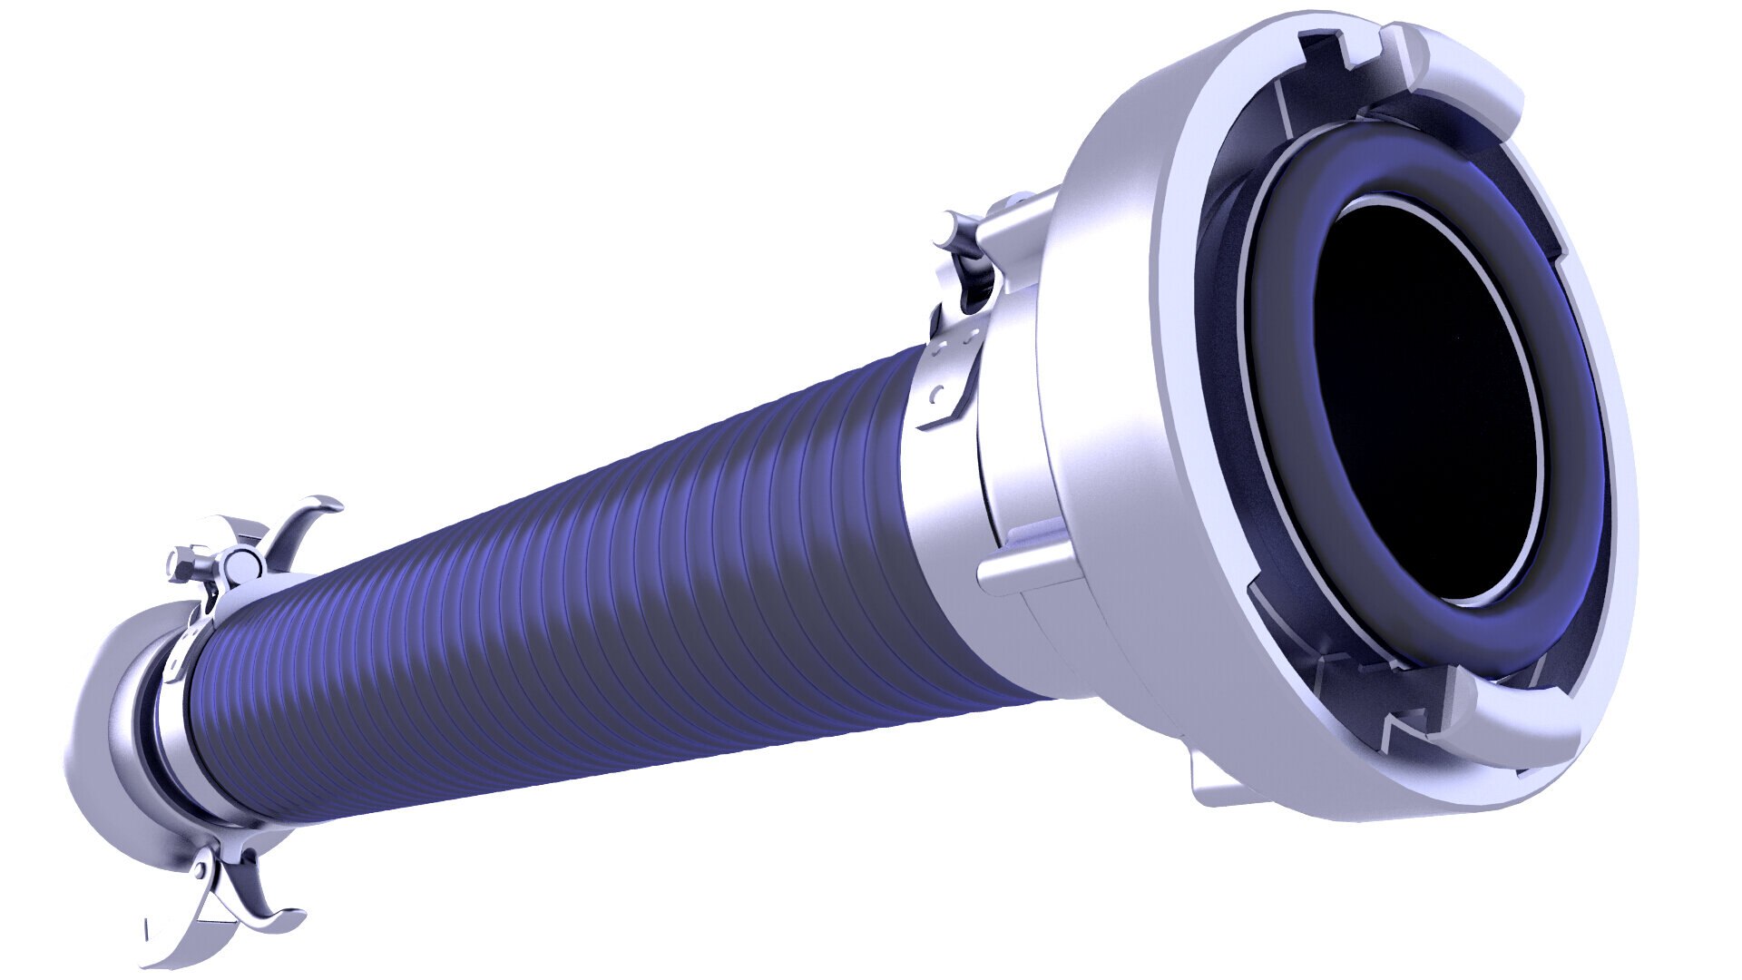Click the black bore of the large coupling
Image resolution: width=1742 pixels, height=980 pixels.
click(1424, 399)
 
